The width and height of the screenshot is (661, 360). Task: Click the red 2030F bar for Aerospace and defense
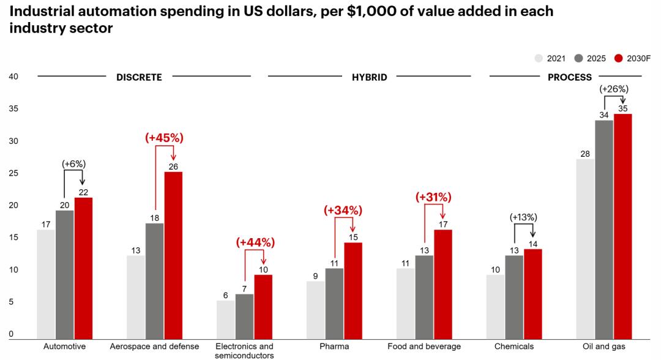(173, 255)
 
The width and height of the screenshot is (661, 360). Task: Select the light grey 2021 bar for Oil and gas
(585, 249)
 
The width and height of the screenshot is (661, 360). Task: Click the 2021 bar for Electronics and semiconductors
(225, 319)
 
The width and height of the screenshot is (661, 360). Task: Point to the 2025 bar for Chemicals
(514, 297)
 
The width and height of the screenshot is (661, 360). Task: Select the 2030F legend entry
(632, 59)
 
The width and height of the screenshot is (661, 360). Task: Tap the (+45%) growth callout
(164, 138)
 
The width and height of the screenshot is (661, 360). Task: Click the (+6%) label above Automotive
(74, 163)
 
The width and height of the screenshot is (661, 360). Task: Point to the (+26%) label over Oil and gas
(614, 89)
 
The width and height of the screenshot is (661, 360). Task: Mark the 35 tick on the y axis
(13, 109)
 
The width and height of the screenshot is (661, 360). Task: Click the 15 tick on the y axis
(13, 238)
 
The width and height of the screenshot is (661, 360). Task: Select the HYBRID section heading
(369, 77)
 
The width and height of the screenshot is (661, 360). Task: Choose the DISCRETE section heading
(139, 77)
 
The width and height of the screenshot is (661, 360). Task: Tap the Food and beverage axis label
(424, 347)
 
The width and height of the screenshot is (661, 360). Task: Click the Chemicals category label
(514, 347)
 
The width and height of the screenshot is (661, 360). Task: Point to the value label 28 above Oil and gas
(585, 153)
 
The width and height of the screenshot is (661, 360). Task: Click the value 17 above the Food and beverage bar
(443, 223)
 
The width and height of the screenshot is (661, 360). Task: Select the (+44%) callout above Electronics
(255, 242)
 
